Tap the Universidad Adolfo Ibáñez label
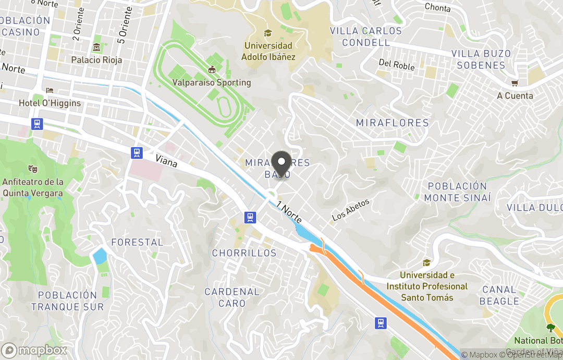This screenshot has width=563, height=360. point(268,51)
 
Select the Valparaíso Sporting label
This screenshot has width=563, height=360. point(212,82)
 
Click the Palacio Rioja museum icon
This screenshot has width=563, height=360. point(96,48)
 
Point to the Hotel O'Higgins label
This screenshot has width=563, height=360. point(50,103)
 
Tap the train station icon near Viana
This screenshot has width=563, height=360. point(137,152)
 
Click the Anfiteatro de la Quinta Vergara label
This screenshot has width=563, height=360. point(33,187)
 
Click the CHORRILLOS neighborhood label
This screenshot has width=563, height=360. point(244,253)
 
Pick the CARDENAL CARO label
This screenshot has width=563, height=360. point(232,297)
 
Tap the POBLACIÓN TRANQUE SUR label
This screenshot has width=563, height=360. point(67,301)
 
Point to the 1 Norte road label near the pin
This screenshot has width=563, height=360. point(289,212)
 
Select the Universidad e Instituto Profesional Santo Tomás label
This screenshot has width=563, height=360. point(427,286)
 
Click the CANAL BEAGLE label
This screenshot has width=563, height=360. point(499,295)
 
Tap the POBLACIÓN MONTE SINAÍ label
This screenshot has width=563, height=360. point(457,192)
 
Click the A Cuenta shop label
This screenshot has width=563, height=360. point(515,95)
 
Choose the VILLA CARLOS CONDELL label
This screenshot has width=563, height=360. point(366,37)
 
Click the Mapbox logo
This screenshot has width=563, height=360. point(34,350)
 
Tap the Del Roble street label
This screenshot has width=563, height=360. point(397,65)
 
